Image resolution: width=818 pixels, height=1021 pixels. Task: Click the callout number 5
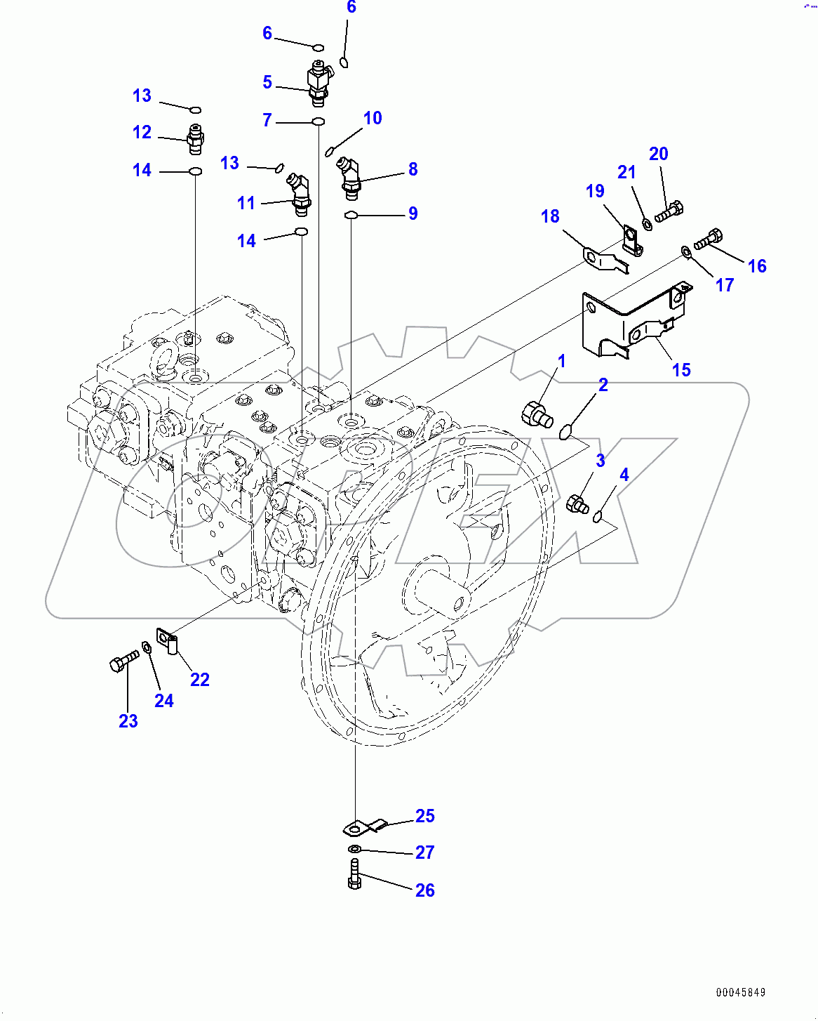click(x=267, y=82)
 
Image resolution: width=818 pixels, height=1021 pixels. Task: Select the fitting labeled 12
click(x=195, y=139)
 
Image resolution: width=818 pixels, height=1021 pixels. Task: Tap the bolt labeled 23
click(x=123, y=661)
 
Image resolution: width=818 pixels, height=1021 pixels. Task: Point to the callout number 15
click(x=681, y=370)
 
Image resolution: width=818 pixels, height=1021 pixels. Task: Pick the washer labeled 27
click(x=355, y=850)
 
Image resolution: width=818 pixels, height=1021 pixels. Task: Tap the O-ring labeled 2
click(x=567, y=431)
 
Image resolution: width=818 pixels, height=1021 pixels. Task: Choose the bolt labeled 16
click(x=708, y=239)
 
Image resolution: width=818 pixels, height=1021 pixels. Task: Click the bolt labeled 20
click(x=669, y=211)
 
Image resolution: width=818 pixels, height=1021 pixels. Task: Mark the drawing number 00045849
click(x=741, y=992)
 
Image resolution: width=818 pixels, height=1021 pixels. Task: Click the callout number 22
click(x=200, y=680)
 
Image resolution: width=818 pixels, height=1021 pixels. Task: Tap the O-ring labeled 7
click(x=318, y=122)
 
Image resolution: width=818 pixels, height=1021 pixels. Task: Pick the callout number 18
click(x=550, y=216)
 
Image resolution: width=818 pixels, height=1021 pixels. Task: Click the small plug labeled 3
click(x=577, y=503)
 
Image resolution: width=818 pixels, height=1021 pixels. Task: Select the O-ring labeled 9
click(x=351, y=215)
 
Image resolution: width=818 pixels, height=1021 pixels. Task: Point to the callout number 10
click(x=373, y=118)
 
